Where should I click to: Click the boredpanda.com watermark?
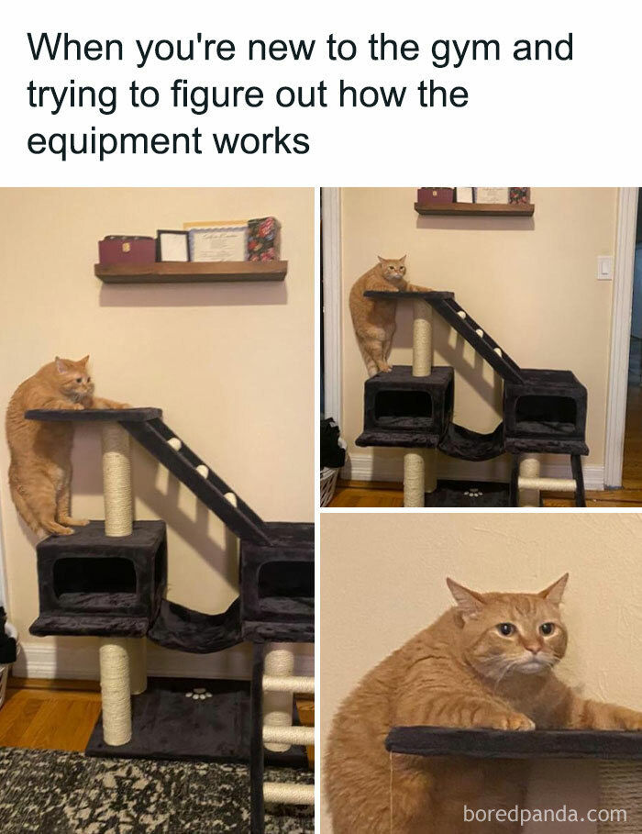(x=545, y=813)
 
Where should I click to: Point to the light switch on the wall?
(x=604, y=267)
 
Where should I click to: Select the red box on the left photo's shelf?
(x=127, y=250)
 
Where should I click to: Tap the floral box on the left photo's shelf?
(x=263, y=239)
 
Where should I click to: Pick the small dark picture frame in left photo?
(x=172, y=246)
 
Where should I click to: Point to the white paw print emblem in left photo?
(x=197, y=694)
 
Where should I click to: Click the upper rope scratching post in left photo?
(x=117, y=478)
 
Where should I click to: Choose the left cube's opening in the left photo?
(x=94, y=576)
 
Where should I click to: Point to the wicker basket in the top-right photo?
(x=328, y=484)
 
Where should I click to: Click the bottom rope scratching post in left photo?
(x=116, y=693)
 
